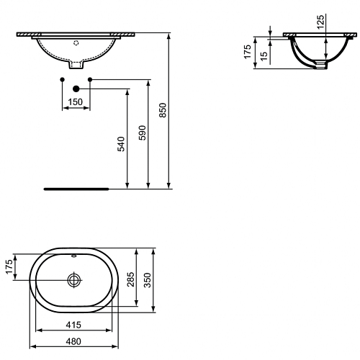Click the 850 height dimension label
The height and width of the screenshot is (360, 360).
coord(163,110)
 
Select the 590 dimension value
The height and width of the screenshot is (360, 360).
coord(142,132)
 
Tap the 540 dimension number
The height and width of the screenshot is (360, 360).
coord(121,144)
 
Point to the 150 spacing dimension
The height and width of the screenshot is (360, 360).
coord(75,102)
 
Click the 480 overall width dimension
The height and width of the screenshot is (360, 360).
coord(73,341)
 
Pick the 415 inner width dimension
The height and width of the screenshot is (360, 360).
coord(73,325)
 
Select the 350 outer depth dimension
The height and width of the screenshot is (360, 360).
coord(147,280)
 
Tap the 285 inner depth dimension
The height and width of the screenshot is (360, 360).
coord(131,279)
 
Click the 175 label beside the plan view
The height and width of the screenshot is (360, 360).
coord(9,266)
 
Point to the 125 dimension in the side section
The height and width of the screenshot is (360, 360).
coord(320,22)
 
